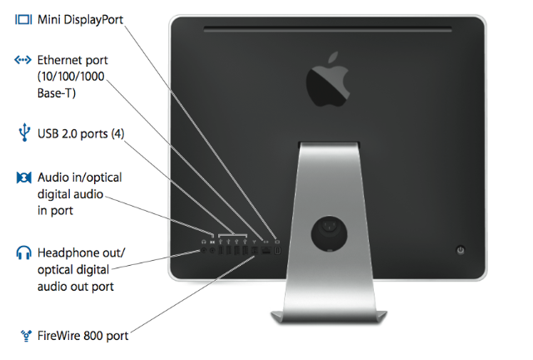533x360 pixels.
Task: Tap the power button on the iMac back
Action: point(461,249)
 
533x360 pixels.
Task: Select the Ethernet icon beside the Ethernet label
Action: point(23,60)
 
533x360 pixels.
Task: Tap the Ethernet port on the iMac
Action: point(266,248)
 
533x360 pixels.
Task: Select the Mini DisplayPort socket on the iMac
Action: point(277,248)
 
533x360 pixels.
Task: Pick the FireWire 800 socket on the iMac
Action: point(254,248)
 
